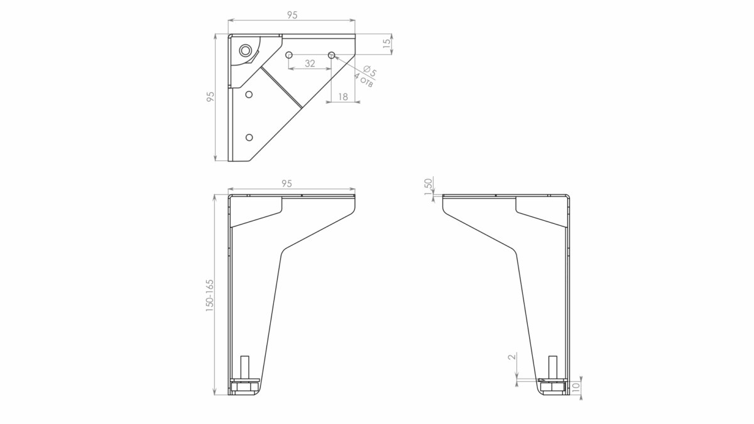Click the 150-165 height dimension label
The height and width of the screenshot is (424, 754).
(210, 296)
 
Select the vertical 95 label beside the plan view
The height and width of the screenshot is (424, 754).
(210, 97)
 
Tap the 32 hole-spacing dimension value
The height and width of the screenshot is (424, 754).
(310, 64)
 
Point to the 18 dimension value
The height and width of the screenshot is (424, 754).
(342, 97)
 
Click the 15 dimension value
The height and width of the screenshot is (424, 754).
(387, 43)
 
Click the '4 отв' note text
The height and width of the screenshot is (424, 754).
(363, 81)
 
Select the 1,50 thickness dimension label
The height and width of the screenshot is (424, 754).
(428, 187)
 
